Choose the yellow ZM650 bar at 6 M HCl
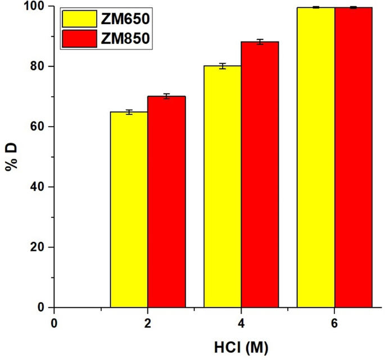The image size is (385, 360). pos(316,157)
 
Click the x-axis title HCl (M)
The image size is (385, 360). pos(242,348)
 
